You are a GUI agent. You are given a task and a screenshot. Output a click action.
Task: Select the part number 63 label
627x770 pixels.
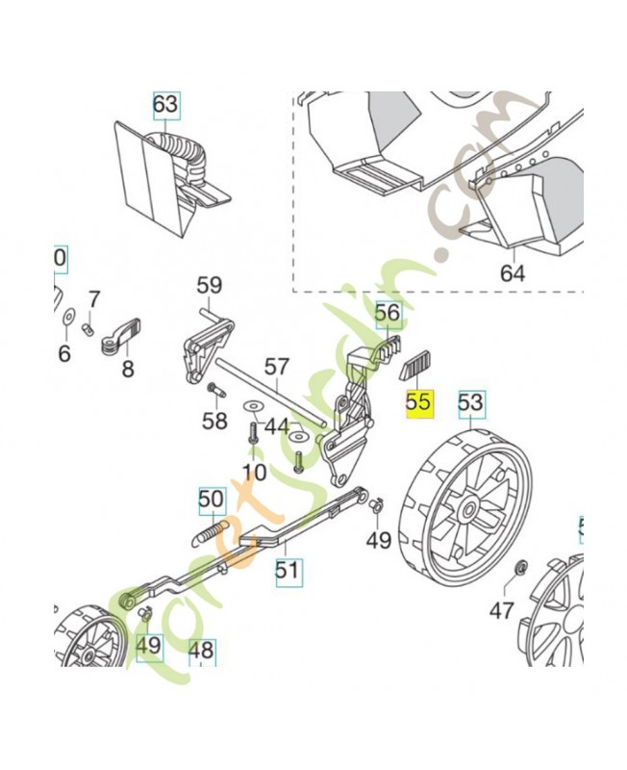[x=165, y=103]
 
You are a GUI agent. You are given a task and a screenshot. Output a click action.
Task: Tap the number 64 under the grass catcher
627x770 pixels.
[x=513, y=273]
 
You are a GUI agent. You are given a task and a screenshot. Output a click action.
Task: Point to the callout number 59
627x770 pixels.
[x=209, y=285]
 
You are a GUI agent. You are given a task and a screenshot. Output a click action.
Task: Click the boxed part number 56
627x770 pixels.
[x=387, y=313]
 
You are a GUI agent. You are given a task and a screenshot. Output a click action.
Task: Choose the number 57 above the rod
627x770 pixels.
[x=277, y=366]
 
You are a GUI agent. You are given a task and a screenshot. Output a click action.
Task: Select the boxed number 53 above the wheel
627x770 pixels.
[x=470, y=401]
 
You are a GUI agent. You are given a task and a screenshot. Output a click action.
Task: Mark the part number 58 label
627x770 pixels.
[x=214, y=421]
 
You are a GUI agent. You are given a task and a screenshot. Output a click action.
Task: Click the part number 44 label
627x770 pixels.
[x=277, y=425]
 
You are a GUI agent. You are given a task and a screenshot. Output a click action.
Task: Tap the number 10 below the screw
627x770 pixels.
[x=254, y=472]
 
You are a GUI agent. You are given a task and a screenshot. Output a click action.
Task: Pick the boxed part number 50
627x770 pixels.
[x=211, y=499]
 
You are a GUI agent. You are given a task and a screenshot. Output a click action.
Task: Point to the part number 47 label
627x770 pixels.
[x=502, y=609]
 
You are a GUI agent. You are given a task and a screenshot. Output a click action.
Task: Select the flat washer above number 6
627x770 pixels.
[x=68, y=316]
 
